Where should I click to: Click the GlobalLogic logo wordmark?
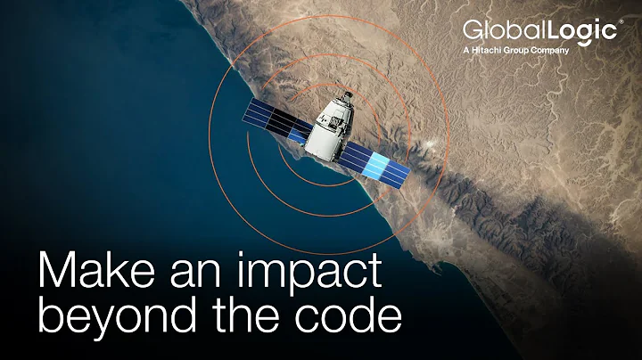(x=539, y=32)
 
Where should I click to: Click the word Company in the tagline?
(x=549, y=50)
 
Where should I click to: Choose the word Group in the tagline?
(x=519, y=50)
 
